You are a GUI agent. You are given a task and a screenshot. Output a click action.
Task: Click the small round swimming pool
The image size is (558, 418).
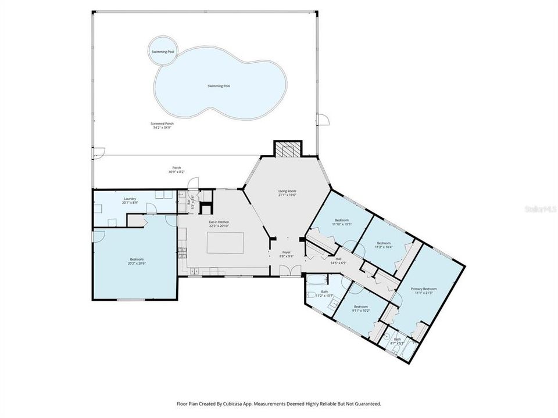(x=163, y=52)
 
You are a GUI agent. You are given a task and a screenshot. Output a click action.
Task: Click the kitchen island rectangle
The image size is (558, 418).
(x=226, y=242)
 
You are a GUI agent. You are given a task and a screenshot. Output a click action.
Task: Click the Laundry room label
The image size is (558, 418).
(x=130, y=199)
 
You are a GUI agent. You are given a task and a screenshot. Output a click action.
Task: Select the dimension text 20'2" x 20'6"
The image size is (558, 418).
(x=137, y=263)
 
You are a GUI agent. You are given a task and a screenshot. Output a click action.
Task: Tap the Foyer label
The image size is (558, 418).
(x=287, y=252)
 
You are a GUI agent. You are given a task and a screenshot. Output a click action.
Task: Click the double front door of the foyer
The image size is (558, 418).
(x=286, y=271)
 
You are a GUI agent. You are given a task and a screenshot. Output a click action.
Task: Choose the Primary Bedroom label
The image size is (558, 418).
(x=423, y=289)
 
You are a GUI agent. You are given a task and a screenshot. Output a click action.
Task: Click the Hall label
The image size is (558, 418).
(x=338, y=259)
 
